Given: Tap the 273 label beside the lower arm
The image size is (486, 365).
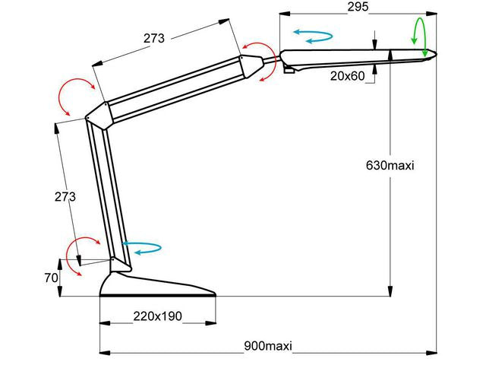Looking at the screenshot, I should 65,196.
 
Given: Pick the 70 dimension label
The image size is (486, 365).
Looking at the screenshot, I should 51,278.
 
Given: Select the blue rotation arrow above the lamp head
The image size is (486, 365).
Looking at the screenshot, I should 312,36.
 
